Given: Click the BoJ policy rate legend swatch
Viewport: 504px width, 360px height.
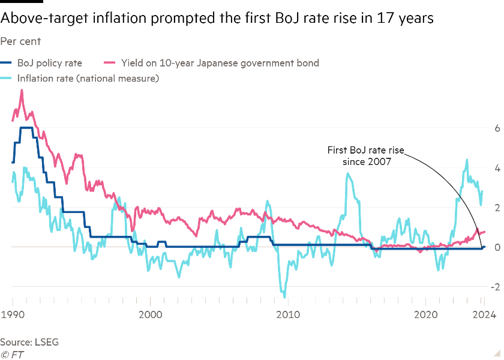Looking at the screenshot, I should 7,63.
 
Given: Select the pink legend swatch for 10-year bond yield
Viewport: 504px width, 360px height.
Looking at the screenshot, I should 110,63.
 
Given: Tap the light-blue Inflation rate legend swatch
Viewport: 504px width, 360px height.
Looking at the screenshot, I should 7,78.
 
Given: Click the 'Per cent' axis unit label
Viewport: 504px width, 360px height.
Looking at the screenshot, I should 20,42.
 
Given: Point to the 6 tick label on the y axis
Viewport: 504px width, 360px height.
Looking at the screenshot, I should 497,128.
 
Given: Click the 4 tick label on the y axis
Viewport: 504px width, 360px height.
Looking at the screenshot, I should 497,168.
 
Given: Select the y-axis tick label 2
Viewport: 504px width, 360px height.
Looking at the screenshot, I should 497,208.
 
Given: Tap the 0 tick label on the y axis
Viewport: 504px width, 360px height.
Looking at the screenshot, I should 497,247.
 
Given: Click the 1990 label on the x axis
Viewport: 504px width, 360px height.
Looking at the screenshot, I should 12,313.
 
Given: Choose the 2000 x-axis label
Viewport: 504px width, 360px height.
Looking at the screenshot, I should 150,313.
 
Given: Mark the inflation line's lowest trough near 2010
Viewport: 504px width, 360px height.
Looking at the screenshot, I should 284,296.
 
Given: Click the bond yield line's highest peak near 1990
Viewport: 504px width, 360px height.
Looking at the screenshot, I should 22,90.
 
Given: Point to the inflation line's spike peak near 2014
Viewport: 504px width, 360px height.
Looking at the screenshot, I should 347,173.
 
